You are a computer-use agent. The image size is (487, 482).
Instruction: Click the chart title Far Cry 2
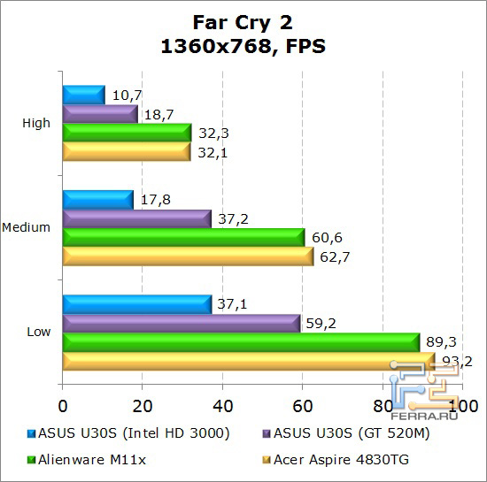[x=242, y=21]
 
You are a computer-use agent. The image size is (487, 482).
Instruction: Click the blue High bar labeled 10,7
[x=83, y=94]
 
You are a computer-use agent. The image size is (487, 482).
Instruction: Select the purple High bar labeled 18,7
[x=99, y=113]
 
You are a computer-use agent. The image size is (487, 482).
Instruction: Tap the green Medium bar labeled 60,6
[x=183, y=237]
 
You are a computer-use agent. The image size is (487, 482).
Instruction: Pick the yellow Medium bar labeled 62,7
[x=188, y=256]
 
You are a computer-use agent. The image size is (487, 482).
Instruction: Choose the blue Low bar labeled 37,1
[x=136, y=303]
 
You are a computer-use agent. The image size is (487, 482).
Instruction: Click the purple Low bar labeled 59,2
[x=181, y=323]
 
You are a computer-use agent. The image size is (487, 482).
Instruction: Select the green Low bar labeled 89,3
[x=241, y=342]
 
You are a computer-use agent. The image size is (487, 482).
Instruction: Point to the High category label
[x=36, y=123]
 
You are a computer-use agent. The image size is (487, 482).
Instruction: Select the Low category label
[x=38, y=332]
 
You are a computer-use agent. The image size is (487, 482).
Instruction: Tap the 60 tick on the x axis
[x=302, y=406]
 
